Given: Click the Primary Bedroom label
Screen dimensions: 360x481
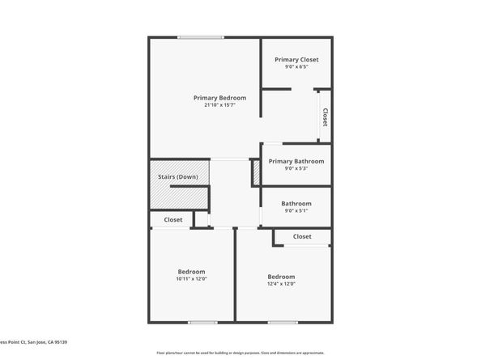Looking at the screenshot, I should [219, 98].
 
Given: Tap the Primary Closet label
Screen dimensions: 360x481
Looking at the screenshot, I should [296, 60].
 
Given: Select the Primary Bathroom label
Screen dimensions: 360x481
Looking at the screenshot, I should [296, 161].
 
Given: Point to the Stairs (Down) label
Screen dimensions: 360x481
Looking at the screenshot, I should [177, 176].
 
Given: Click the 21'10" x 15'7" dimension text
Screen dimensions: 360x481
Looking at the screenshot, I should [219, 105].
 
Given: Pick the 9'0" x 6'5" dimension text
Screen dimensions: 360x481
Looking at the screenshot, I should [296, 67].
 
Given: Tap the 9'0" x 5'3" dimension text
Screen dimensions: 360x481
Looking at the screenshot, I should [296, 168].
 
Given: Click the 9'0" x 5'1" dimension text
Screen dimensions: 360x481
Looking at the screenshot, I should [296, 210].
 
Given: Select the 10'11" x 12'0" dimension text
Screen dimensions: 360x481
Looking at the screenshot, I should [192, 279].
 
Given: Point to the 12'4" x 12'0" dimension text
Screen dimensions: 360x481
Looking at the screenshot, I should [281, 284].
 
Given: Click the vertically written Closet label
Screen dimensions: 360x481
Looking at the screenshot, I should [325, 117].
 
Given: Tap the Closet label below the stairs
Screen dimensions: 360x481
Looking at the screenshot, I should [173, 219].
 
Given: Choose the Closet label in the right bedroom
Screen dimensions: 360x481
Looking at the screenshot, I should [302, 236].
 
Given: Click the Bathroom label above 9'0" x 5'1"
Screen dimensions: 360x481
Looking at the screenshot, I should [296, 203].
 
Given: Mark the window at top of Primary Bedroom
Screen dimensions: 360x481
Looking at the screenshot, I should [202, 37].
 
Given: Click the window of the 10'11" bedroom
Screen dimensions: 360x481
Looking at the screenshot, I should [202, 323].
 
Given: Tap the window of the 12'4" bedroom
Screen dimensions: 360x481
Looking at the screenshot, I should [283, 323].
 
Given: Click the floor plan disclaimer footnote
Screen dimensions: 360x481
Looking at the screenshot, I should [240, 353].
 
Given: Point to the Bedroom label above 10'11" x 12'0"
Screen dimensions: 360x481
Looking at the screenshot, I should [192, 272].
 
